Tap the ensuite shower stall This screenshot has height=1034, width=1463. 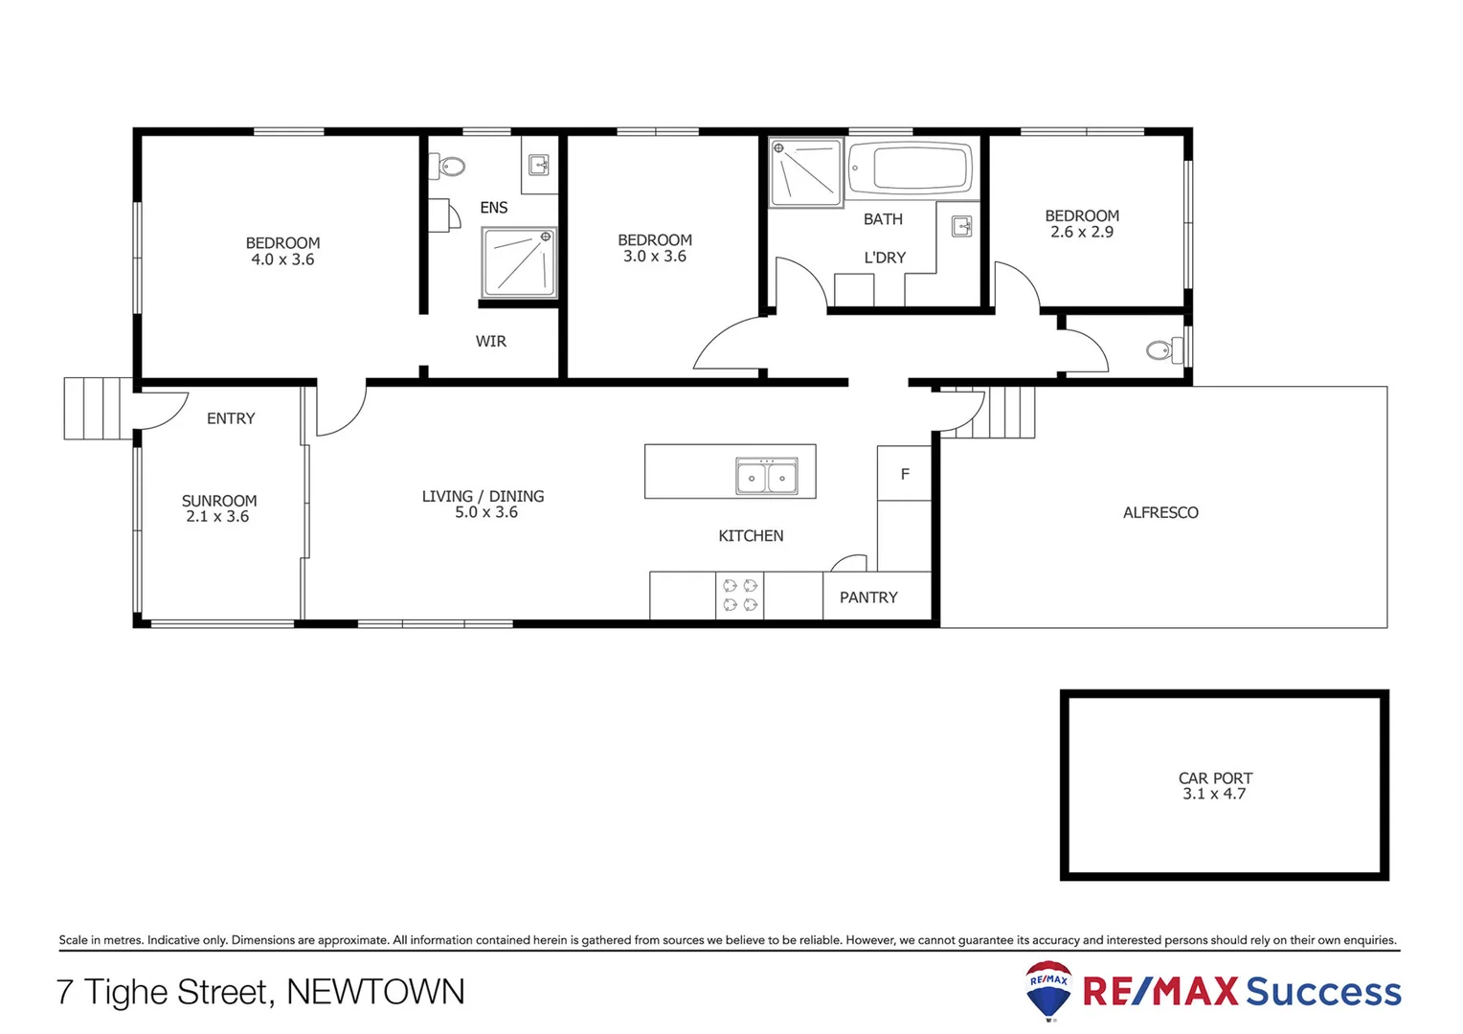pyautogui.click(x=518, y=262)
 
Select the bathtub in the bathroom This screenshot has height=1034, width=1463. pyautogui.click(x=910, y=168)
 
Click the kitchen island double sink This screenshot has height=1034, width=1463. pyautogui.click(x=766, y=476)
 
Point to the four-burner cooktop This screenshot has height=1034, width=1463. pyautogui.click(x=739, y=595)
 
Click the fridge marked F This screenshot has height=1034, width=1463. pyautogui.click(x=905, y=474)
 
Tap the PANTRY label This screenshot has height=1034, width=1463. pyautogui.click(x=868, y=597)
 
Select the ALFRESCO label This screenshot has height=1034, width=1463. pyautogui.click(x=1160, y=513)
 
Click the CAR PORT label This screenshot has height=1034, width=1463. pyautogui.click(x=1215, y=778)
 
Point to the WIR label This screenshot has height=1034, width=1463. pyautogui.click(x=491, y=342)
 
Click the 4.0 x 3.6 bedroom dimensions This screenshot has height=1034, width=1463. pyautogui.click(x=282, y=259)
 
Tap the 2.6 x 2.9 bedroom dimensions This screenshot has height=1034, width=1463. pyautogui.click(x=1082, y=232)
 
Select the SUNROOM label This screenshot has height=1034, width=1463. pyautogui.click(x=219, y=501)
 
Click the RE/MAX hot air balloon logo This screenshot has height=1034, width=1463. pyautogui.click(x=1048, y=990)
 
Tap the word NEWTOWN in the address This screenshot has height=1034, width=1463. pyautogui.click(x=375, y=992)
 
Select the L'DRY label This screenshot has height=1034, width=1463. pyautogui.click(x=885, y=258)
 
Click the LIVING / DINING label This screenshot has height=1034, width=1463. pyautogui.click(x=483, y=496)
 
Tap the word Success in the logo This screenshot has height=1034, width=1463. pyautogui.click(x=1323, y=992)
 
